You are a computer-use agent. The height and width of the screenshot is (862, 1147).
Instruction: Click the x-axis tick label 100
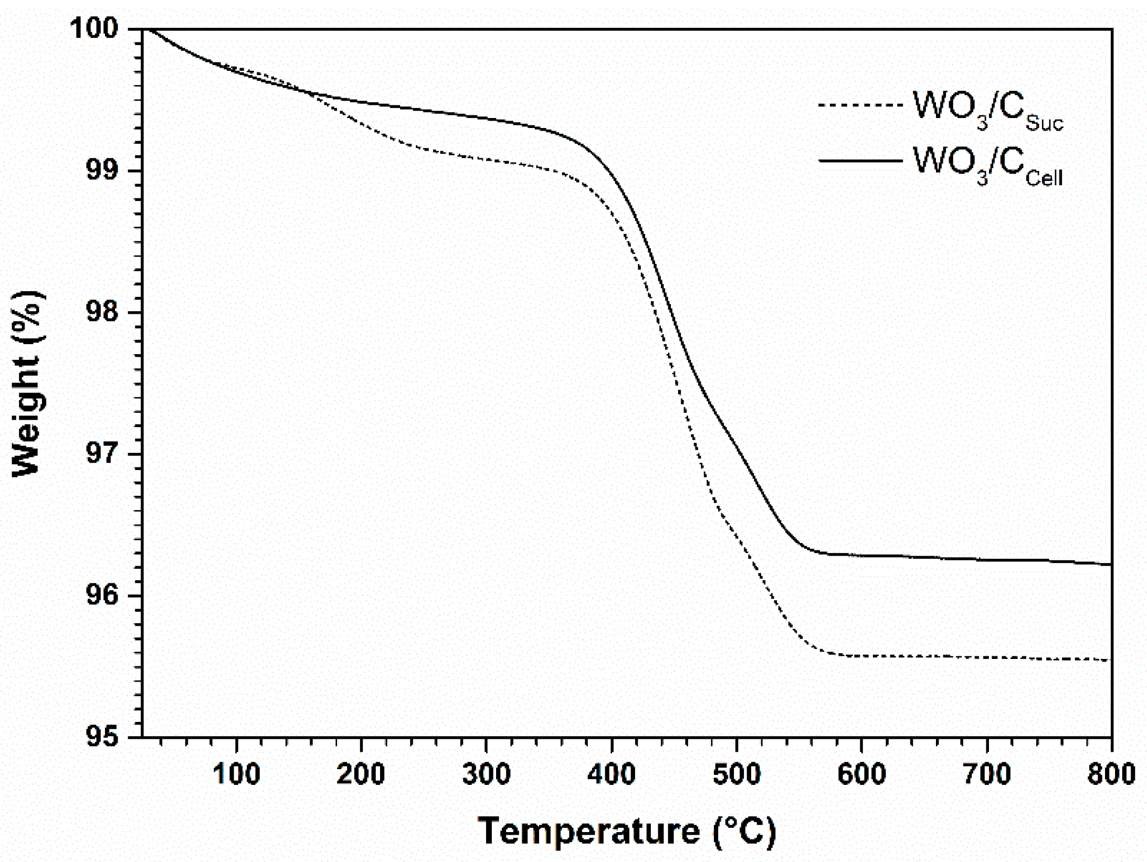237,774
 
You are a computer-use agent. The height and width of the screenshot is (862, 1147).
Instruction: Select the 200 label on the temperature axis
361,774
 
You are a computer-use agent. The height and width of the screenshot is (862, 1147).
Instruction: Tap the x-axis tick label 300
487,774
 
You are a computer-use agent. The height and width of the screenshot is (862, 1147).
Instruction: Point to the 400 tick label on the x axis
612,774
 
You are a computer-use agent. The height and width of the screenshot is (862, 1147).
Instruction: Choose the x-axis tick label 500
736,774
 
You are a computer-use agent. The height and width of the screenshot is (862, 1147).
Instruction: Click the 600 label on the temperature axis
862,774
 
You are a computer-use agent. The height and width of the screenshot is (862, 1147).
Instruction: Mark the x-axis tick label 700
987,774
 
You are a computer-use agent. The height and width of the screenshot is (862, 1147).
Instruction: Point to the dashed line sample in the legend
860,105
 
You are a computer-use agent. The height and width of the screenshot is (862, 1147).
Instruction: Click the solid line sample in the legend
860,160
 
